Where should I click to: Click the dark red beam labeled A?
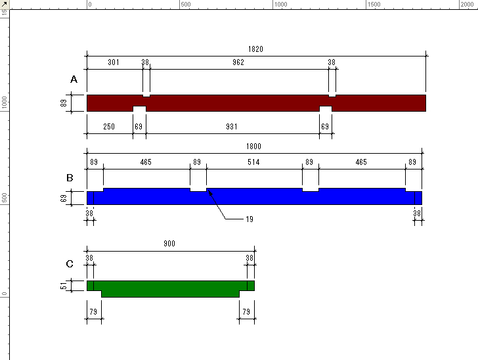pyautogui.click(x=256, y=103)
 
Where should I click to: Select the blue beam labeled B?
pyautogui.click(x=254, y=197)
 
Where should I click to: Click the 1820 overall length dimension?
pyautogui.click(x=255, y=49)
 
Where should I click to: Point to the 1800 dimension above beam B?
pyautogui.click(x=253, y=146)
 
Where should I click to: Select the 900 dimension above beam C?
pyautogui.click(x=169, y=244)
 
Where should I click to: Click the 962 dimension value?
pyautogui.click(x=238, y=62)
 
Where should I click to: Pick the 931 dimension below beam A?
pyautogui.click(x=232, y=127)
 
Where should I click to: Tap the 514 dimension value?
pyautogui.click(x=253, y=162)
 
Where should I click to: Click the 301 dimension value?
pyautogui.click(x=114, y=62)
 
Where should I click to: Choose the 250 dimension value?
pyautogui.click(x=109, y=127)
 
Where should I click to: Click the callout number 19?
pyautogui.click(x=250, y=219)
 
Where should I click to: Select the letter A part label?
pyautogui.click(x=74, y=79)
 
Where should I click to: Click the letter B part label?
pyautogui.click(x=70, y=178)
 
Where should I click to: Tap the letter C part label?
pyautogui.click(x=70, y=263)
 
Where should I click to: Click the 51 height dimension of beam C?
pyautogui.click(x=64, y=286)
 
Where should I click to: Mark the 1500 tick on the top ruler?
pyautogui.click(x=366, y=5)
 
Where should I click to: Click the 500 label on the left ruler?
pyautogui.click(x=4, y=198)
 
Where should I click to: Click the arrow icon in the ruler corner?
pyautogui.click(x=5, y=5)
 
